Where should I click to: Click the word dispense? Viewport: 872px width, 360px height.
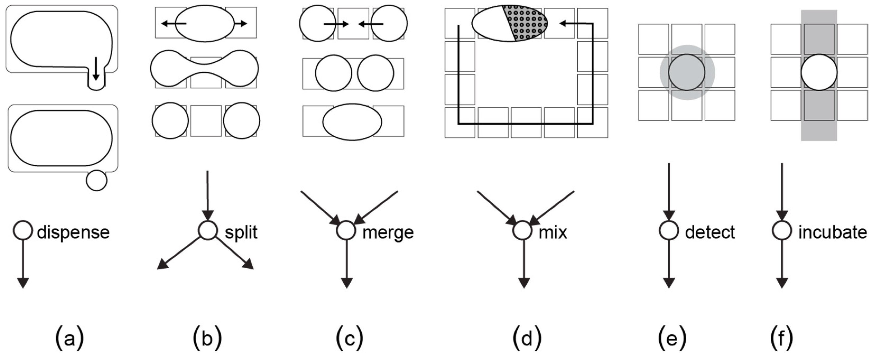click(x=73, y=232)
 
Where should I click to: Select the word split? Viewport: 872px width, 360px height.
click(x=241, y=232)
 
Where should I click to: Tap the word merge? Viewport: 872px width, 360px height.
click(x=388, y=232)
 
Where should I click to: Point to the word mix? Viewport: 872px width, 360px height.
click(x=553, y=232)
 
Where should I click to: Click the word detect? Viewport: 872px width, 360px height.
click(x=710, y=232)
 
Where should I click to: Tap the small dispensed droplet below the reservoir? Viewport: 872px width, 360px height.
click(x=97, y=181)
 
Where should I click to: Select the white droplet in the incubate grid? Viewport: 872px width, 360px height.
click(x=819, y=72)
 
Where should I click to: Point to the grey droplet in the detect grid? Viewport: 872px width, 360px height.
click(x=687, y=72)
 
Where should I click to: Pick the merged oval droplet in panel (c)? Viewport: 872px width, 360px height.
click(x=352, y=122)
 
